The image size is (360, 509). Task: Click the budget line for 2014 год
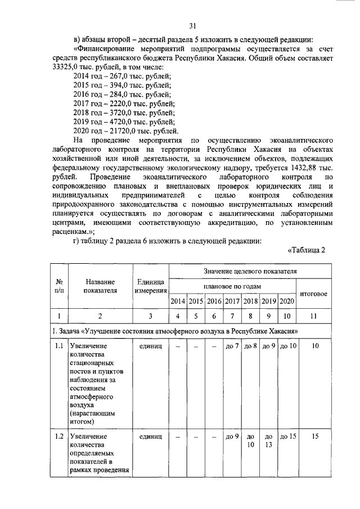[123, 76]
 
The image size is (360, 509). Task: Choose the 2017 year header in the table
[232, 301]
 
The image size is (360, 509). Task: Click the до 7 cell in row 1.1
[232, 346]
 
